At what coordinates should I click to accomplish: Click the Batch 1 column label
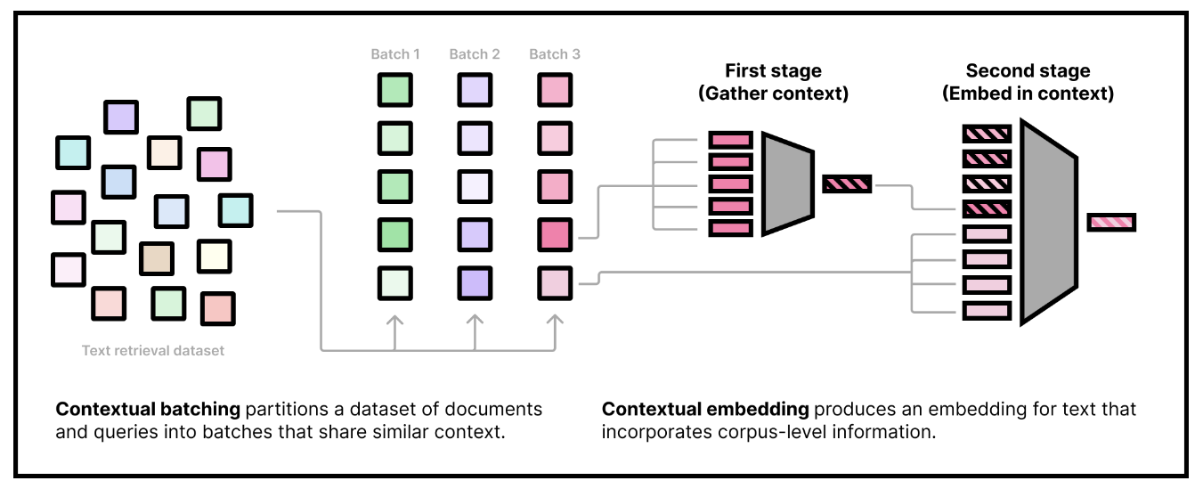(395, 54)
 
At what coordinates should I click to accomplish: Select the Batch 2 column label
(474, 54)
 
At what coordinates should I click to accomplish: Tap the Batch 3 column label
(554, 54)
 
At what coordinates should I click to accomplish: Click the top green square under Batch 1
(395, 90)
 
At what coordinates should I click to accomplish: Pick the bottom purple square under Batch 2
(474, 283)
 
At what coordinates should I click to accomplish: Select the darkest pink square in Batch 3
(554, 235)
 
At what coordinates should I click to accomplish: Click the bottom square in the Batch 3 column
(554, 283)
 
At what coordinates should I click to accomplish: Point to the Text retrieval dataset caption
(152, 351)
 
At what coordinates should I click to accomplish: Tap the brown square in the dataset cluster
(157, 258)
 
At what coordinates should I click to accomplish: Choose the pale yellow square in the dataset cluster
(214, 256)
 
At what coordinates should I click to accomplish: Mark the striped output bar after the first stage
(847, 184)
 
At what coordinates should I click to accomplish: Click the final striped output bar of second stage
(1110, 222)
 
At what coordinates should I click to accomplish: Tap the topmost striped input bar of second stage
(987, 134)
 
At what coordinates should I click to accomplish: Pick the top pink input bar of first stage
(731, 140)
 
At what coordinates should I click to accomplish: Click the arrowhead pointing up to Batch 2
(474, 320)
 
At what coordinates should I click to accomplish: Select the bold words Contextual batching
(148, 410)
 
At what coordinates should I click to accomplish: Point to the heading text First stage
(773, 71)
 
